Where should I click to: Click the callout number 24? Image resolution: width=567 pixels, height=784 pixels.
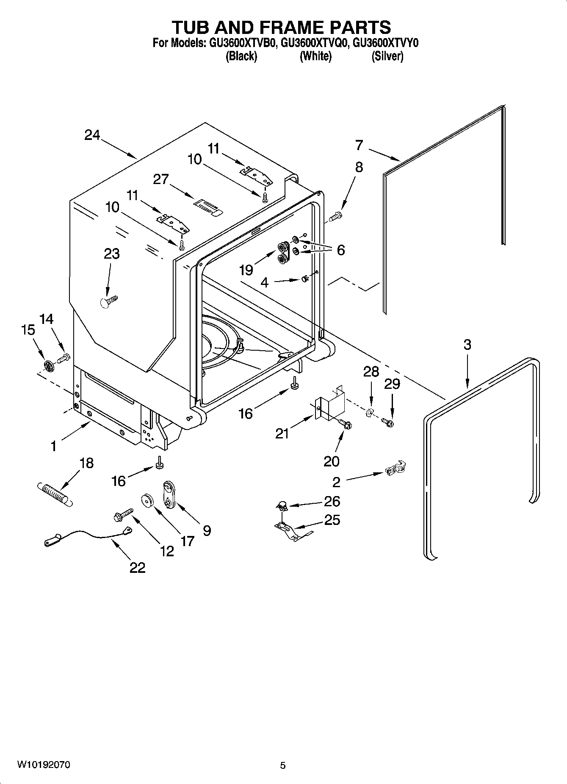[x=92, y=135]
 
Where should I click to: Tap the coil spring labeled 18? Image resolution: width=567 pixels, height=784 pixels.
[x=55, y=493]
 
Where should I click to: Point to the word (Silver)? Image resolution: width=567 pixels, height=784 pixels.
[x=387, y=56]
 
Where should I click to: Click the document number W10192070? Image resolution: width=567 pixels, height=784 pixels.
[x=44, y=765]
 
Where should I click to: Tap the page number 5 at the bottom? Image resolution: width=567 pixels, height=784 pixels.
[x=283, y=765]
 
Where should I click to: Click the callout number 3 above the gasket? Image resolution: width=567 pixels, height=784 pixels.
[x=467, y=345]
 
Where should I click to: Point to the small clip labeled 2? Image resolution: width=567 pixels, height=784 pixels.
[x=396, y=468]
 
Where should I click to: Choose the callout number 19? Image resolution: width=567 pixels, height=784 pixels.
[x=246, y=270]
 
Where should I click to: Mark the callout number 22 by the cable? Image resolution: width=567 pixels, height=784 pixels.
[x=138, y=567]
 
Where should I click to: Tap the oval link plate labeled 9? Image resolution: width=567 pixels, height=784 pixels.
[x=169, y=495]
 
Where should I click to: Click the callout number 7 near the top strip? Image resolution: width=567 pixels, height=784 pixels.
[x=359, y=145]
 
